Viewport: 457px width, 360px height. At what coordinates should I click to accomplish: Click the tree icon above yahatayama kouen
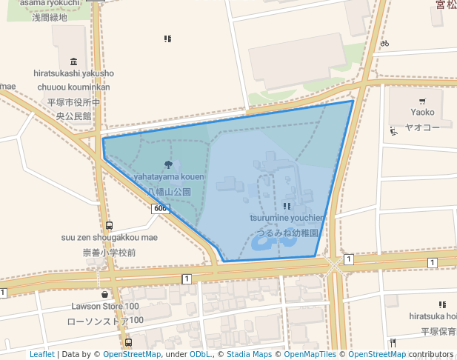pyautogui.click(x=169, y=164)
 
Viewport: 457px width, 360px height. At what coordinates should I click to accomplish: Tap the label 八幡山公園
pyautogui.click(x=169, y=191)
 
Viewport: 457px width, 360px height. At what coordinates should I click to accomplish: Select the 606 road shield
pyautogui.click(x=161, y=209)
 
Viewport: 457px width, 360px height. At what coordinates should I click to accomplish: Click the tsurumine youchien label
pyautogui.click(x=287, y=218)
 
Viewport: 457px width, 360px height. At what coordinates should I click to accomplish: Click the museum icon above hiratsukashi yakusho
pyautogui.click(x=73, y=61)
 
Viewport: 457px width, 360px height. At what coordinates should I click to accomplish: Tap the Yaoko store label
pyautogui.click(x=422, y=113)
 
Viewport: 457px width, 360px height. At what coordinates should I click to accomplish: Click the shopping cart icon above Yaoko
pyautogui.click(x=422, y=101)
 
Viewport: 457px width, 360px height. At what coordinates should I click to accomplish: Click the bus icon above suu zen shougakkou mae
pyautogui.click(x=109, y=225)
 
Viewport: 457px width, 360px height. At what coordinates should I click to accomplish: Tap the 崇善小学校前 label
pyautogui.click(x=109, y=253)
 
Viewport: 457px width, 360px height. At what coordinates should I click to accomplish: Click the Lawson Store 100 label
pyautogui.click(x=105, y=306)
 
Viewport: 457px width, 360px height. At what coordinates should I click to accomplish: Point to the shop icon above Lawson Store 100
pyautogui.click(x=105, y=293)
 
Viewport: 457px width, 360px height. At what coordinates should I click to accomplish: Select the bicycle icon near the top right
pyautogui.click(x=384, y=43)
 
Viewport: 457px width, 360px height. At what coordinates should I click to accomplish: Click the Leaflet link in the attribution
pyautogui.click(x=41, y=355)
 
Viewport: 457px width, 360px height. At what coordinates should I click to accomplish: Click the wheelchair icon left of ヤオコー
pyautogui.click(x=394, y=132)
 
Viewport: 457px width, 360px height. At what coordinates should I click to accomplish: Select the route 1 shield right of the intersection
pyautogui.click(x=348, y=259)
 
